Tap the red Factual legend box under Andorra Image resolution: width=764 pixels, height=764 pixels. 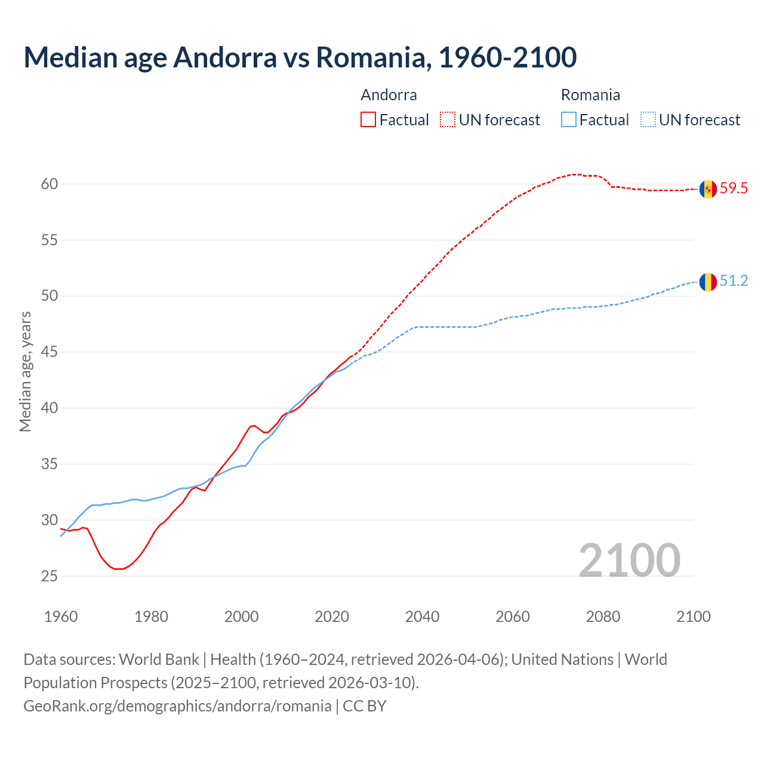(x=368, y=120)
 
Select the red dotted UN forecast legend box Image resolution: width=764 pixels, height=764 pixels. (x=448, y=120)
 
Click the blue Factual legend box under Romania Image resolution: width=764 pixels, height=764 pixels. (x=569, y=120)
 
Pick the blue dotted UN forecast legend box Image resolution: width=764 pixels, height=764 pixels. (x=648, y=120)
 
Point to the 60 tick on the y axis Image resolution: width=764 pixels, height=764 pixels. (x=50, y=184)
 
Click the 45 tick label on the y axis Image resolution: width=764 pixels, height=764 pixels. (x=50, y=352)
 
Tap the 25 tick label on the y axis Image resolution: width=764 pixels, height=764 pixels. (x=50, y=577)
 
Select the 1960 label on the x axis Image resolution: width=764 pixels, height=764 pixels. (x=61, y=617)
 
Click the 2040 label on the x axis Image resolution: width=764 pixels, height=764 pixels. (x=422, y=617)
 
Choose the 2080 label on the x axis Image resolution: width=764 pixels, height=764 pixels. (x=603, y=617)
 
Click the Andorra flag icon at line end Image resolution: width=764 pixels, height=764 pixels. (x=708, y=189)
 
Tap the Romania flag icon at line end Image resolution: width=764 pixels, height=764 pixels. (x=708, y=282)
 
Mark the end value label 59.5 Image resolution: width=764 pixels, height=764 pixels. (x=734, y=189)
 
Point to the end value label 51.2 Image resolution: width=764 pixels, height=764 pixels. (x=734, y=281)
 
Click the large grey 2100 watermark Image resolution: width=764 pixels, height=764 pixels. (x=629, y=560)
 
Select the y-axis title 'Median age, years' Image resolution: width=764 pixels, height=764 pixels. (x=25, y=371)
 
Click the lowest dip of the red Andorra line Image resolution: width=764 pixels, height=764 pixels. (x=119, y=569)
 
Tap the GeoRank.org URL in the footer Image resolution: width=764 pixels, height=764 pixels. (x=177, y=706)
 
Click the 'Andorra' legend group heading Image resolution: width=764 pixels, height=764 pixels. (x=389, y=95)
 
